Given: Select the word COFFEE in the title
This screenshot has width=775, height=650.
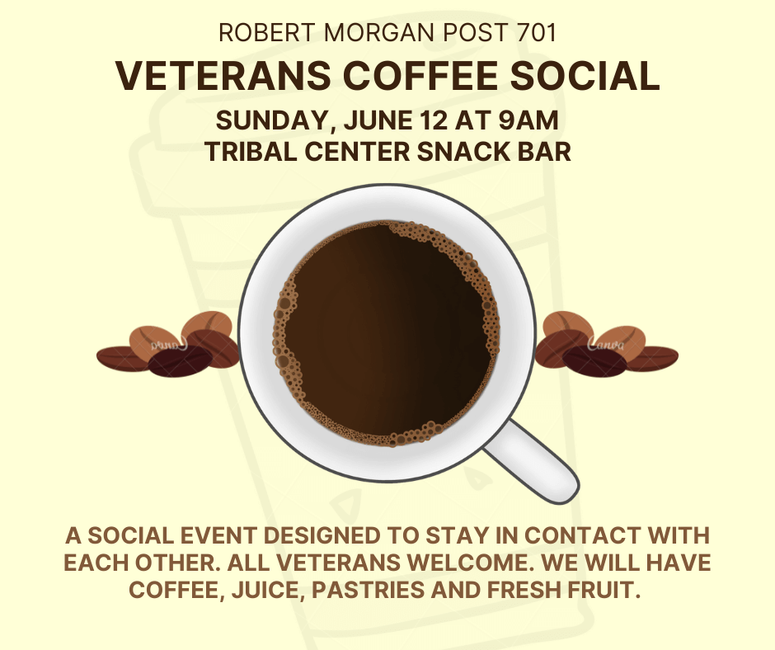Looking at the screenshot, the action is [420, 76].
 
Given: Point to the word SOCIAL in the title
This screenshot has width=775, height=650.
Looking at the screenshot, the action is [585, 76].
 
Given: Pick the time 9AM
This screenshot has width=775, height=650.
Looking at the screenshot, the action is [528, 120].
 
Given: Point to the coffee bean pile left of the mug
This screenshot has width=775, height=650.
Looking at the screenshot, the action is [168, 344].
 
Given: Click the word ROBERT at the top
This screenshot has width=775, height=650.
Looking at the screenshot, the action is [267, 33].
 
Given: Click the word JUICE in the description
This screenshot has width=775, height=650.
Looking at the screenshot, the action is [267, 591].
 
